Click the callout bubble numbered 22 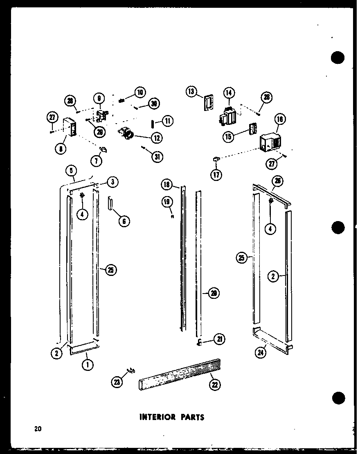(x=214, y=384)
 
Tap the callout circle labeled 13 (x=191, y=91)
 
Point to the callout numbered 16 (x=280, y=119)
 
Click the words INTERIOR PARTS (x=172, y=417)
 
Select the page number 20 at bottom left (x=38, y=429)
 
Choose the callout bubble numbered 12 (x=156, y=138)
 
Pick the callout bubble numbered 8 (x=61, y=149)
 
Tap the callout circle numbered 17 (x=216, y=175)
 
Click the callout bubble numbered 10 (x=140, y=92)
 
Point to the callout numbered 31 (x=156, y=157)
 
